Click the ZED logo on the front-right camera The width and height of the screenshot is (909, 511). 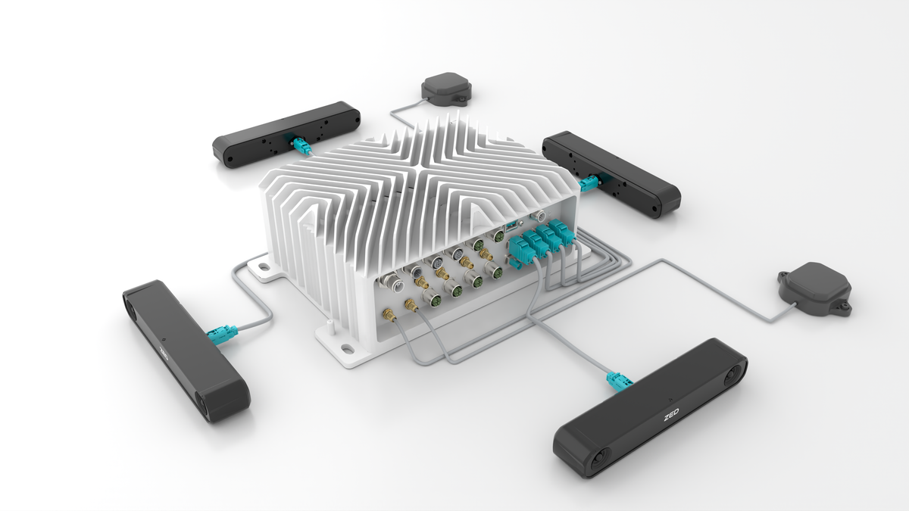(x=671, y=416)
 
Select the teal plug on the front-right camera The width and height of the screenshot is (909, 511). (x=618, y=382)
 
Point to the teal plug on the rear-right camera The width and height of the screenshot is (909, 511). (x=589, y=183)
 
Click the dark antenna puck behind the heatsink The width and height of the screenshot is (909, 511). (x=446, y=89)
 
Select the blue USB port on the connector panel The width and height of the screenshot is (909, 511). (x=511, y=226)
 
